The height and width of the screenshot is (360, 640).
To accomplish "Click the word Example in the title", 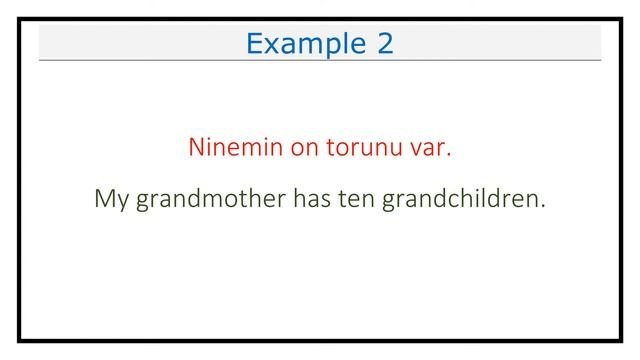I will click(306, 44).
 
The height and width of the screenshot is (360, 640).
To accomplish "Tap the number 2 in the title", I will click(385, 44).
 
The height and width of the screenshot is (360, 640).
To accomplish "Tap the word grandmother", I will click(210, 199).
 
